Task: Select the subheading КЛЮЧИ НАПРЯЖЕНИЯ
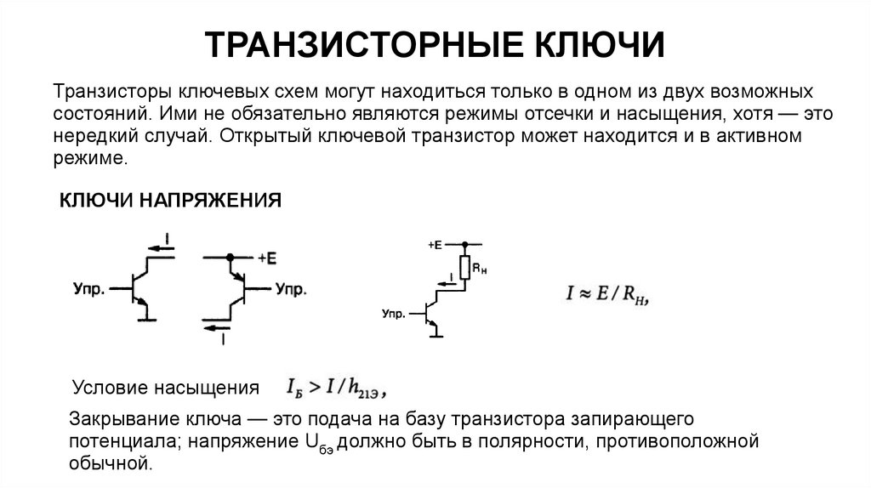pyautogui.click(x=169, y=201)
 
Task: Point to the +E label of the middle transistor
pyautogui.click(x=265, y=257)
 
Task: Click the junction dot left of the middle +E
pyautogui.click(x=229, y=257)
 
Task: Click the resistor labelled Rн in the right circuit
pyautogui.click(x=464, y=268)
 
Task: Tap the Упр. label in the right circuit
pyautogui.click(x=393, y=313)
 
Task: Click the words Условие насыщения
pyautogui.click(x=166, y=389)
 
